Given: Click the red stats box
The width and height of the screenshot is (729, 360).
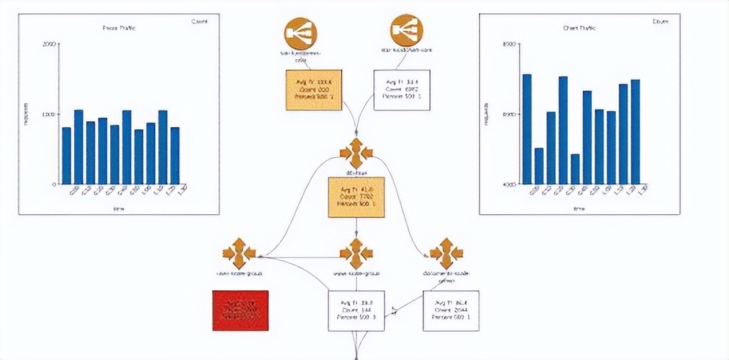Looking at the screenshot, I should [240, 310].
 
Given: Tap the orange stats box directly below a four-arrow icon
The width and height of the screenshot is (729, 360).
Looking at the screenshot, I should [356, 197].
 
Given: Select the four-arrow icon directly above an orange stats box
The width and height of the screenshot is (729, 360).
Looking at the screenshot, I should [356, 155].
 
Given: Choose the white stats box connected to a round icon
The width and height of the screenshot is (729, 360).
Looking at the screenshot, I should [401, 90].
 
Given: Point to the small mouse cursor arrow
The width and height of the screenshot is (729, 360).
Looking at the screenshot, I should [395, 310].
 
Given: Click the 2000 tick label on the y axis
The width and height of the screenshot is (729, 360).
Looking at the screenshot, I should [49, 44].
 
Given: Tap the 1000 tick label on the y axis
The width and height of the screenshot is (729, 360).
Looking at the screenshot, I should [49, 114].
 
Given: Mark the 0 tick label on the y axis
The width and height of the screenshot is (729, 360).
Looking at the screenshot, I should [54, 184].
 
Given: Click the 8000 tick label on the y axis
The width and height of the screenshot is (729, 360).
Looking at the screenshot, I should [508, 44].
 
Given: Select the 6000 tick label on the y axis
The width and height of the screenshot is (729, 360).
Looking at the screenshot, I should [508, 114].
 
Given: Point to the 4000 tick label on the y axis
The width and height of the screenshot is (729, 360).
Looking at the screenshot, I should [508, 184].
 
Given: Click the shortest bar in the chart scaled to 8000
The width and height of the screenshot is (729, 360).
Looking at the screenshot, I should [575, 169].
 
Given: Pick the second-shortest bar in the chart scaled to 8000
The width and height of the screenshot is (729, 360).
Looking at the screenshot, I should [539, 166].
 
